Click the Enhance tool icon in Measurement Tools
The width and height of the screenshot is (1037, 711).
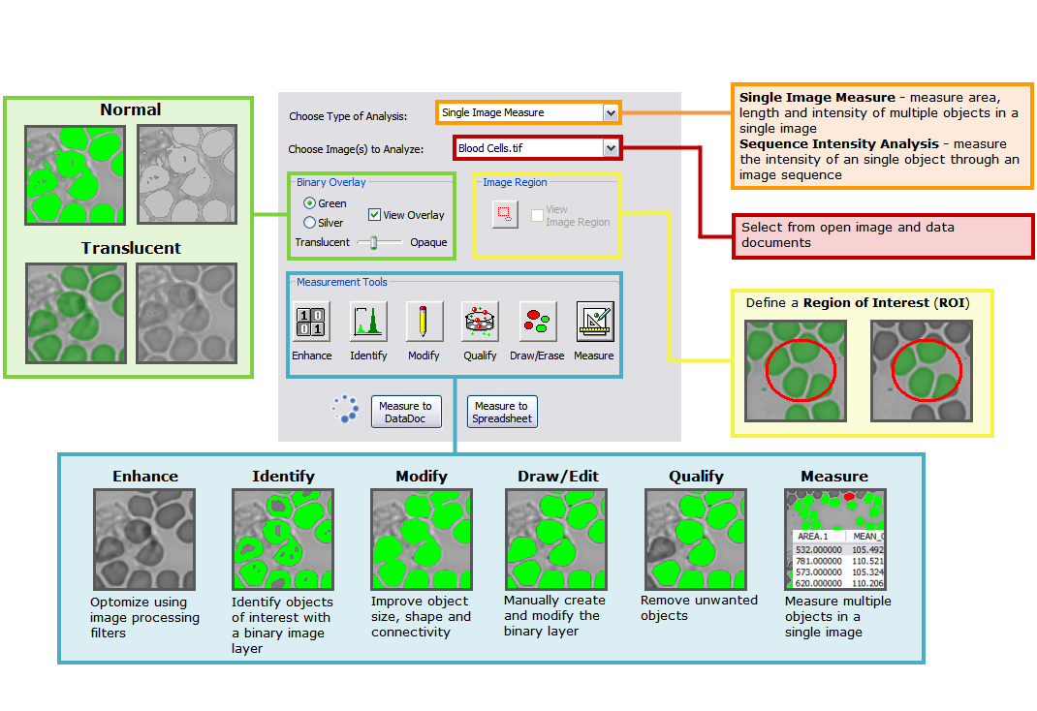pyautogui.click(x=311, y=322)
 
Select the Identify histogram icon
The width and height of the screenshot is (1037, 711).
pyautogui.click(x=368, y=322)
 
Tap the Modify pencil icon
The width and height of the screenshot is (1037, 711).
pyautogui.click(x=424, y=322)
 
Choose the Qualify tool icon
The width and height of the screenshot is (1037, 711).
pyautogui.click(x=480, y=322)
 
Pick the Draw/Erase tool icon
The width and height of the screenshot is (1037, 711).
pyautogui.click(x=538, y=322)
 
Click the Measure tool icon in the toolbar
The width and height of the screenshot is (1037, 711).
pyautogui.click(x=594, y=322)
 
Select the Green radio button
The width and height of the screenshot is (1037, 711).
pyautogui.click(x=309, y=203)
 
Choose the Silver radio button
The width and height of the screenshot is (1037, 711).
pyautogui.click(x=309, y=223)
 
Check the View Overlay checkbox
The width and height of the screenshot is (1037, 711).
pyautogui.click(x=374, y=215)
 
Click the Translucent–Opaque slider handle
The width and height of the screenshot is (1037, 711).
pyautogui.click(x=373, y=243)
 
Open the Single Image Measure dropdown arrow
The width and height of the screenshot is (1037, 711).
pyautogui.click(x=610, y=113)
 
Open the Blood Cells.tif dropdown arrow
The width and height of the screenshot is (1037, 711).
pyautogui.click(x=610, y=148)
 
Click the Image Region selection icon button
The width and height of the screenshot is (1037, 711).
pyautogui.click(x=505, y=214)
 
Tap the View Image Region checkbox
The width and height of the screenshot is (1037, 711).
pyautogui.click(x=537, y=215)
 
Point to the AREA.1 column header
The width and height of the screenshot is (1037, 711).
pyautogui.click(x=814, y=536)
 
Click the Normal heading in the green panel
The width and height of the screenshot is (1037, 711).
pyautogui.click(x=131, y=109)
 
